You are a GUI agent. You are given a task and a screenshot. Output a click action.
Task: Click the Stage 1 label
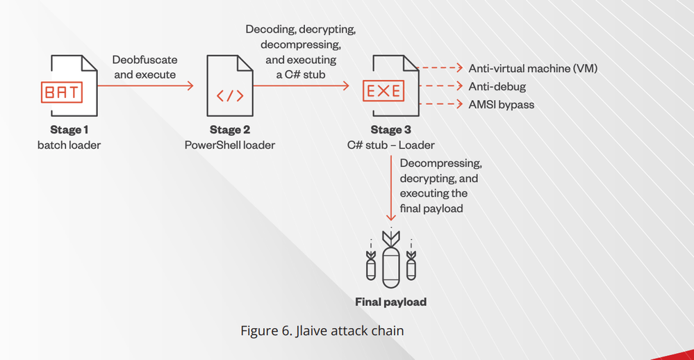coord(69,130)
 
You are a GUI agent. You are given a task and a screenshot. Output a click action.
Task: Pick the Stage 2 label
coord(230,130)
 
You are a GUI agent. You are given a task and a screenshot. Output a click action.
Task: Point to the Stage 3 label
coord(391,130)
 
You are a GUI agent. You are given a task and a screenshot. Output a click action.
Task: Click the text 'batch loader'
coord(69,145)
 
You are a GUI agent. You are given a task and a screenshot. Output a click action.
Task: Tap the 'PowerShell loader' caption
coord(230,145)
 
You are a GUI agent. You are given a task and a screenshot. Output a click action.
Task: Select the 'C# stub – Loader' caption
coord(391,145)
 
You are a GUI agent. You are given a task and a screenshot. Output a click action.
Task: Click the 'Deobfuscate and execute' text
coord(144,67)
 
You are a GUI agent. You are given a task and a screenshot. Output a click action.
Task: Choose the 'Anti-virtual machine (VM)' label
coord(533,68)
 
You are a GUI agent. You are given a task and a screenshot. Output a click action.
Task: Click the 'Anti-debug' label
coord(497,86)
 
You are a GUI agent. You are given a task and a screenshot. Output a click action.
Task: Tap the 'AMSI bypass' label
coord(501,104)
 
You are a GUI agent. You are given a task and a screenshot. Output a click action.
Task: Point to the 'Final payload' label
coord(390,302)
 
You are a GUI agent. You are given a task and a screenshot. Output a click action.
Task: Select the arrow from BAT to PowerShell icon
coord(145,86)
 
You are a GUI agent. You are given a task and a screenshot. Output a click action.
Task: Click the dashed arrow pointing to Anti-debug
coord(442,86)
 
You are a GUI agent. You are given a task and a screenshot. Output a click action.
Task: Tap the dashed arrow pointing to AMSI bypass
coord(442,104)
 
